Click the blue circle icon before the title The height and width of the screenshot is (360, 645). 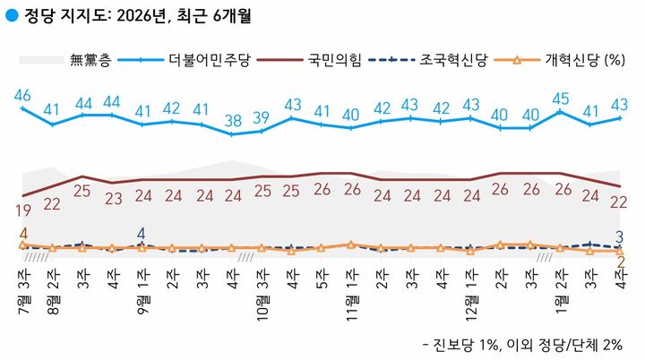(11, 15)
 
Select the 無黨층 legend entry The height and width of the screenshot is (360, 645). (90, 60)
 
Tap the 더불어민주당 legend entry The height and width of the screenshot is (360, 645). (208, 60)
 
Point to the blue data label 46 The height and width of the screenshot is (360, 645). (23, 96)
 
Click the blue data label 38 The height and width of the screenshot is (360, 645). (232, 120)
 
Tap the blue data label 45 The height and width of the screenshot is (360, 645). (560, 99)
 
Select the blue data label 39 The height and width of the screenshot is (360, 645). (262, 117)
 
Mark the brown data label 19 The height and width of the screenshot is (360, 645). (23, 211)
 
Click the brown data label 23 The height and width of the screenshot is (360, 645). (113, 199)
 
